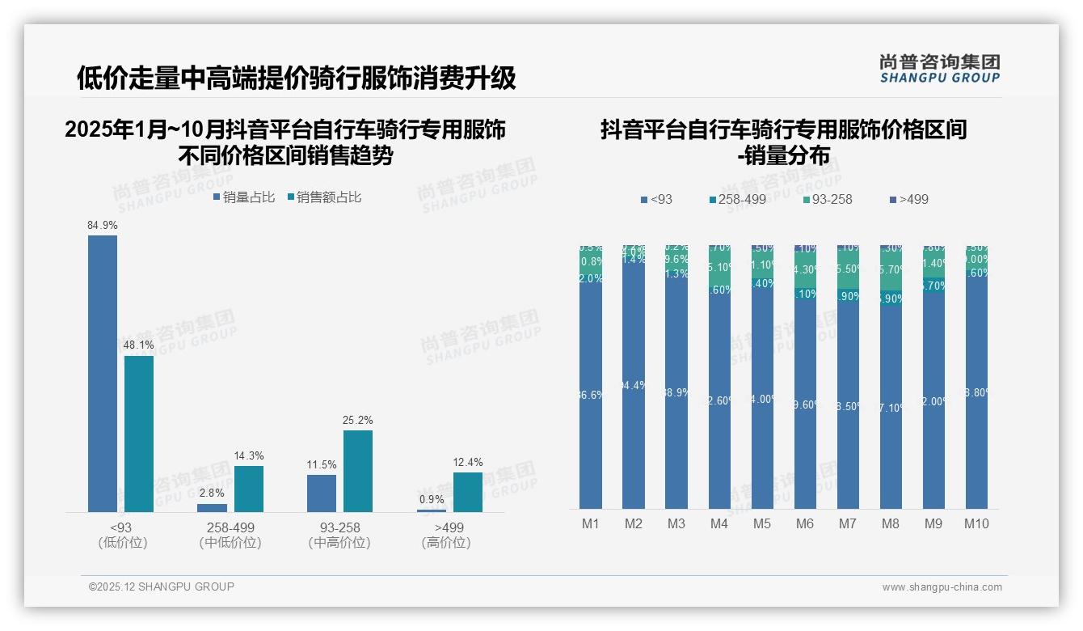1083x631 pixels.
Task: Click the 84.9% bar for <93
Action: (x=103, y=373)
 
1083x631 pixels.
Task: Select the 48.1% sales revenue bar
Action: (x=139, y=434)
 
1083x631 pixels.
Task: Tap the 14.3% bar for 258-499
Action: (x=249, y=489)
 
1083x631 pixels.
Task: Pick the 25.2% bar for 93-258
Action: (x=358, y=471)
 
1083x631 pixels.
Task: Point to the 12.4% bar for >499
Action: (x=468, y=492)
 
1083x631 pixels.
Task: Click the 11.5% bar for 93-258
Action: (x=322, y=493)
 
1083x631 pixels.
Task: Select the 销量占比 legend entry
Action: (x=244, y=197)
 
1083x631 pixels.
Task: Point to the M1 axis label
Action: (x=591, y=523)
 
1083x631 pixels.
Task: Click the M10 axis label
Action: (x=976, y=523)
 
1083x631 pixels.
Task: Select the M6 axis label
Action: (x=805, y=523)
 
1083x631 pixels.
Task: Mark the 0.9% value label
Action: (x=432, y=499)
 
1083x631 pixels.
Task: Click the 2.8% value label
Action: (x=213, y=493)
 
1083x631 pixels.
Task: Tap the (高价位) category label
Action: (x=446, y=543)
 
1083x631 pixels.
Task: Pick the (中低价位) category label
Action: (x=230, y=543)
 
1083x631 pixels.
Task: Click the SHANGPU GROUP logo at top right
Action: (x=939, y=69)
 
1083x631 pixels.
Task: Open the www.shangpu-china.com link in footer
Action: (x=942, y=587)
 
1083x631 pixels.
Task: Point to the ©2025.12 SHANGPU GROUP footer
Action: (x=162, y=587)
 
